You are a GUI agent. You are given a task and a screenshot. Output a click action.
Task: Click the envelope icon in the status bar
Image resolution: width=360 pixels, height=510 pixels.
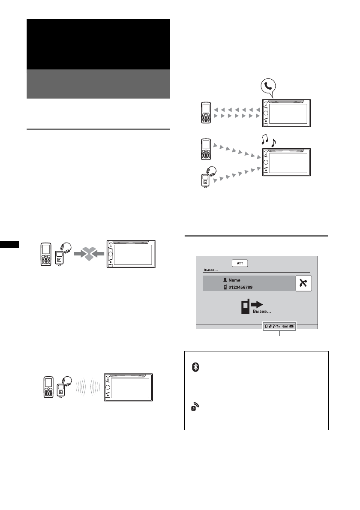[x=291, y=326]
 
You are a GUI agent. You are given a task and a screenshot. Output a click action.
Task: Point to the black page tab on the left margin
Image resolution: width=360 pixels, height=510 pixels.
[x=9, y=244]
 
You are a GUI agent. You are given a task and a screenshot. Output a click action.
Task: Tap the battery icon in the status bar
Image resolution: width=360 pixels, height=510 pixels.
[x=285, y=326]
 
